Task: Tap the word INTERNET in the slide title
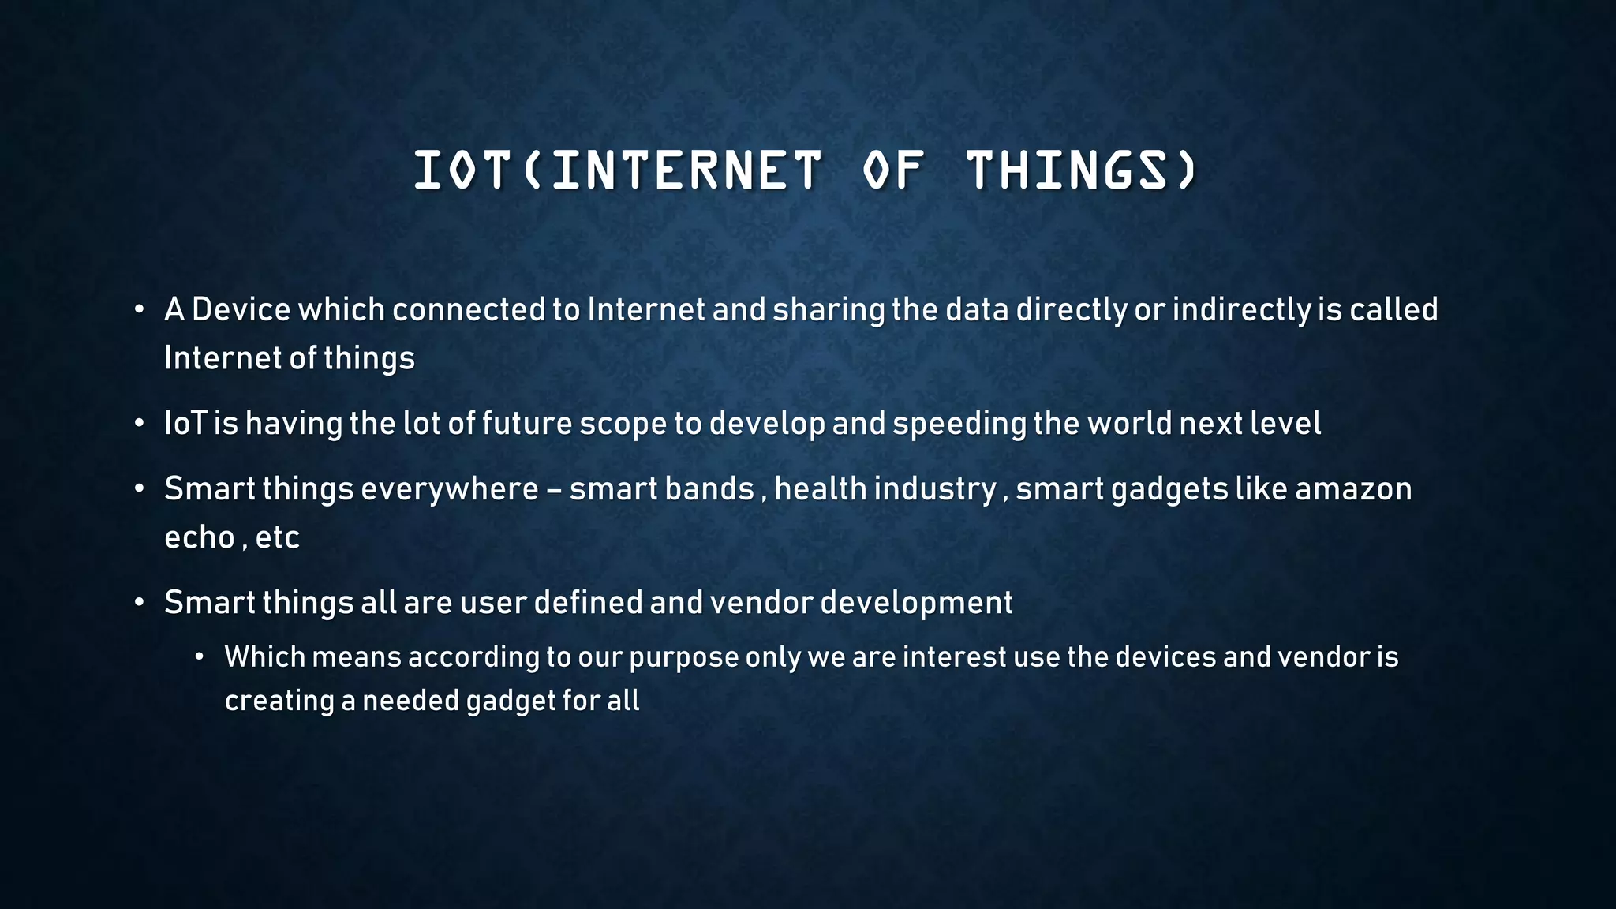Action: (x=686, y=170)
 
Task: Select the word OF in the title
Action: (x=892, y=170)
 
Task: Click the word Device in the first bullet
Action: (x=241, y=309)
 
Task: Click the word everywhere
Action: (x=449, y=489)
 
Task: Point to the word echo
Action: (x=199, y=538)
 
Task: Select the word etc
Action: (x=277, y=538)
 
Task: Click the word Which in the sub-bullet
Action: (x=264, y=656)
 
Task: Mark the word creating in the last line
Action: (x=279, y=701)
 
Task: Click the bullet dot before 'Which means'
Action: (x=200, y=657)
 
